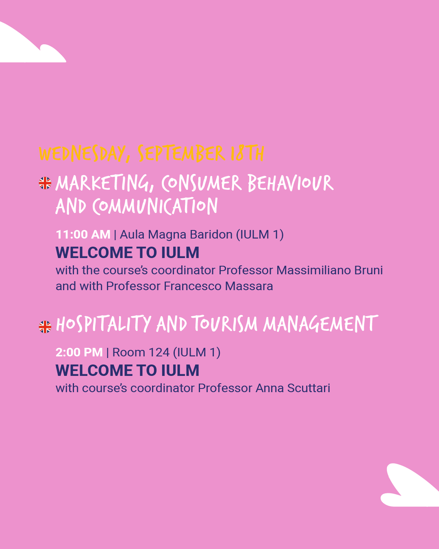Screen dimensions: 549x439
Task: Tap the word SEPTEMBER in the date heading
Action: click(180, 154)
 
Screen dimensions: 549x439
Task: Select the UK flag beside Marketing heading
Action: click(45, 183)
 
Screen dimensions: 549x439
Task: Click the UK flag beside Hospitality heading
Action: click(45, 326)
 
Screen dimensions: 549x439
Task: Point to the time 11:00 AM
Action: click(83, 234)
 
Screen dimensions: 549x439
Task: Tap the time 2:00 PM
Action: click(79, 352)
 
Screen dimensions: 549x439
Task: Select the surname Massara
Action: click(249, 286)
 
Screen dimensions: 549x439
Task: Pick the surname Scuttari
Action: click(309, 388)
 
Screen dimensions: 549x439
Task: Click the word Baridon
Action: click(211, 234)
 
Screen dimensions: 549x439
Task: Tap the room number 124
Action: click(159, 352)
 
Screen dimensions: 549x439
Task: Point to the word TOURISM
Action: click(224, 324)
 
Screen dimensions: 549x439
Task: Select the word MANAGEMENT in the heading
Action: click(320, 324)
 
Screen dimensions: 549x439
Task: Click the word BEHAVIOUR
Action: click(290, 183)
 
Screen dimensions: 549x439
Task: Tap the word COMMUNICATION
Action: click(155, 206)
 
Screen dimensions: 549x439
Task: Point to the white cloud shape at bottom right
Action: click(411, 488)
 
